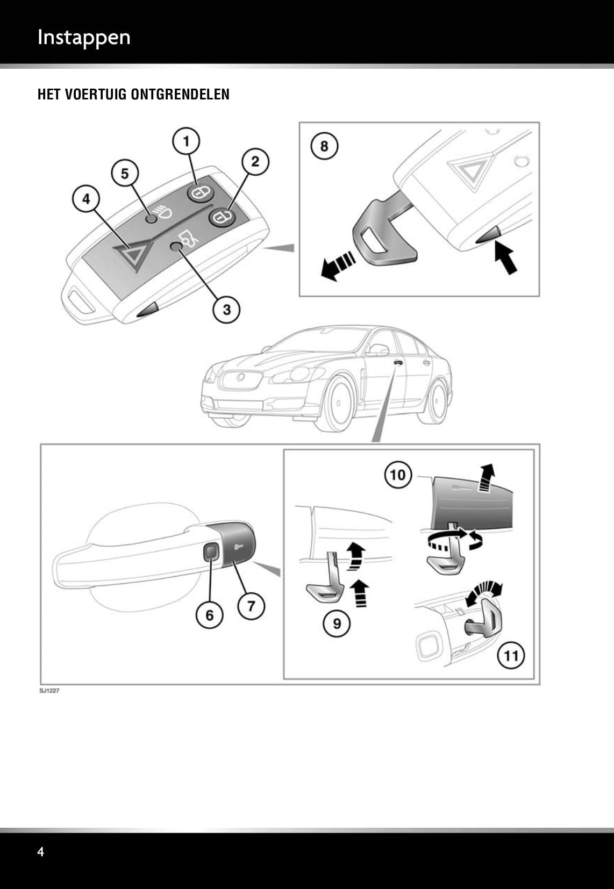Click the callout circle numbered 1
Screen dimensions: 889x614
pos(186,141)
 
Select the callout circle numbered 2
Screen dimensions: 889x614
pos(255,161)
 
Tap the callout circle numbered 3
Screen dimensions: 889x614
pos(226,309)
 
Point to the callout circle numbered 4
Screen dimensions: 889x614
pos(86,199)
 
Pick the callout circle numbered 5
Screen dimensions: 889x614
pos(125,174)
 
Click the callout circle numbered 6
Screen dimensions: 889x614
pos(209,614)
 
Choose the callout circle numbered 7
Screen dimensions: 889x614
pos(251,606)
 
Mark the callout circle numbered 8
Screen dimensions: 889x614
pos(324,146)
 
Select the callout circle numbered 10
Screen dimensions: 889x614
pos(397,475)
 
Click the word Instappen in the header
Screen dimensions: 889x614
pos(84,37)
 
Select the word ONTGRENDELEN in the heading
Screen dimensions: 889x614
pos(180,95)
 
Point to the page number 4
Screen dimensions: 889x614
pos(41,851)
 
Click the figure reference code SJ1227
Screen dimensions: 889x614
pos(49,691)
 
